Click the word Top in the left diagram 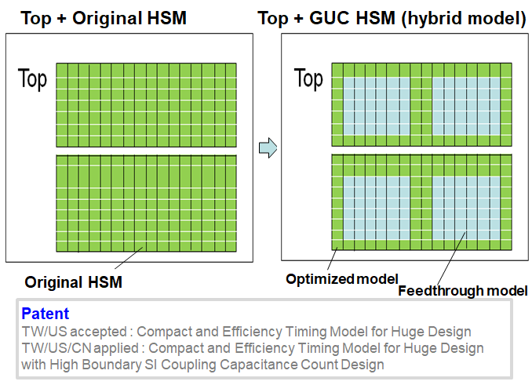tap(32, 78)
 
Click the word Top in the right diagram tap(308, 78)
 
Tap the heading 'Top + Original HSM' tap(104, 18)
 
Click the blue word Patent tap(46, 314)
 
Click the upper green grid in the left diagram tap(146, 105)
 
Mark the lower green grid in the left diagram tap(146, 203)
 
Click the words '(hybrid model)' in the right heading tap(465, 18)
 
